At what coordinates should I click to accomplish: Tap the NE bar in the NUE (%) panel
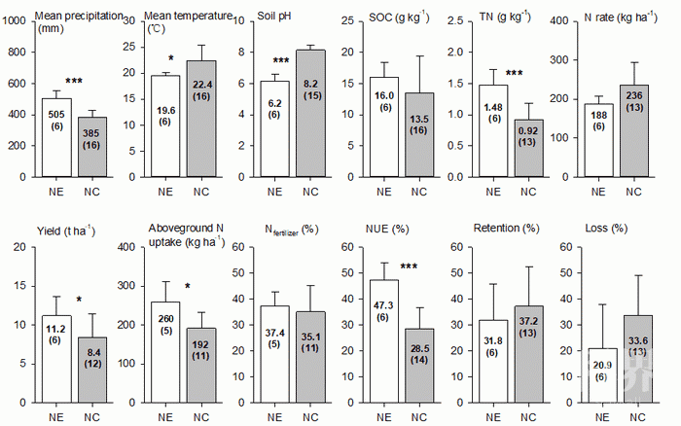pos(378,340)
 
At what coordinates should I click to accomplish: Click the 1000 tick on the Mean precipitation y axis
pos(16,22)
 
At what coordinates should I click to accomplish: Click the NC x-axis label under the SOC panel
pos(420,192)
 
